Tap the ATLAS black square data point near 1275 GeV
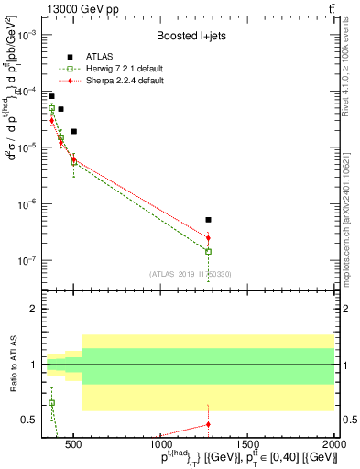pos(209,220)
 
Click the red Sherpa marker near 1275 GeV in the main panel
pos(209,238)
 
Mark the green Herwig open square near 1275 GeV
pos(209,251)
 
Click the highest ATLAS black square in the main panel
pos(51,96)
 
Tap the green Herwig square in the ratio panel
pos(51,403)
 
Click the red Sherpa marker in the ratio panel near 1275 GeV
pos(209,424)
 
